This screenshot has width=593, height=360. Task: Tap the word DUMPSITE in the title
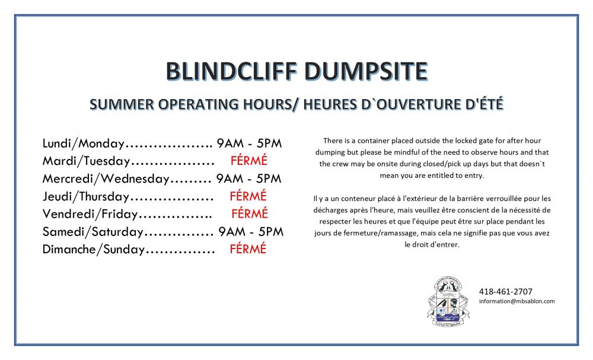pyautogui.click(x=366, y=71)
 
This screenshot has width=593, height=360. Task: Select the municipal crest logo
pyautogui.click(x=448, y=301)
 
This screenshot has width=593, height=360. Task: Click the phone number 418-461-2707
pyautogui.click(x=506, y=292)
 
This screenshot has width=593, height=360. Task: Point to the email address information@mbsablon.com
pyautogui.click(x=517, y=301)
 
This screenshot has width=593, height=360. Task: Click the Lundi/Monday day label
pyautogui.click(x=83, y=144)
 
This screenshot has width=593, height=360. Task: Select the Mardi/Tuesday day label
pyautogui.click(x=86, y=161)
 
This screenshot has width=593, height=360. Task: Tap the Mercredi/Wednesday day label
pyautogui.click(x=106, y=179)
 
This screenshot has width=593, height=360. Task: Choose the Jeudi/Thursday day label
pyautogui.click(x=86, y=197)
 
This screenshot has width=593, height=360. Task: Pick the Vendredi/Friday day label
pyautogui.click(x=90, y=214)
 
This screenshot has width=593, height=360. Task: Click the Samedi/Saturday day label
pyautogui.click(x=93, y=232)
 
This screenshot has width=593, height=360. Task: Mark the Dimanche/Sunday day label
pyautogui.click(x=94, y=250)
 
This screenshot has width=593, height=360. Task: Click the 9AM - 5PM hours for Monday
pyautogui.click(x=249, y=144)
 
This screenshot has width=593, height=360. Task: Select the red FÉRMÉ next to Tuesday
pyautogui.click(x=249, y=160)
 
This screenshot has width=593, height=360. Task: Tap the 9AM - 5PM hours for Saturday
pyautogui.click(x=251, y=231)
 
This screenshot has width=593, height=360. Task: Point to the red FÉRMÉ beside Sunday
pyautogui.click(x=248, y=249)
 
